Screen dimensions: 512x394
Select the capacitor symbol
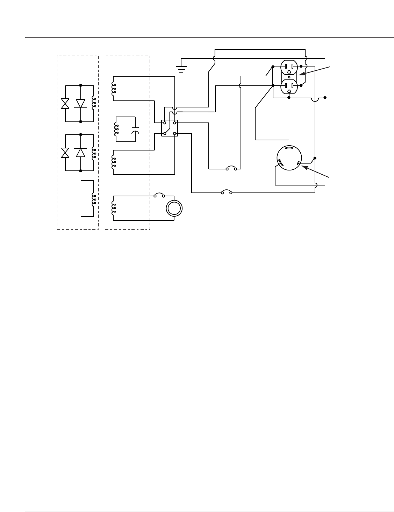click(x=135, y=130)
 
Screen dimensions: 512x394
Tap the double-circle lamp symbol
click(x=174, y=209)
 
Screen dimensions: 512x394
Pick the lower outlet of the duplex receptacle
click(x=289, y=86)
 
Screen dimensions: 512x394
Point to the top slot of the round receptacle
click(x=289, y=148)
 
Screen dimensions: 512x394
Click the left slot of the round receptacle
click(x=280, y=162)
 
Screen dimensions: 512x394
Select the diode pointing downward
click(x=81, y=104)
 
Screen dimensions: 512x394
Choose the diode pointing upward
click(x=81, y=153)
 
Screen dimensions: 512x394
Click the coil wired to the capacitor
click(x=116, y=128)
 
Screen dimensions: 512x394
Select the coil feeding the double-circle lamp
click(x=113, y=208)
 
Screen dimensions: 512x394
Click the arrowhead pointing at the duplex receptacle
click(x=301, y=74)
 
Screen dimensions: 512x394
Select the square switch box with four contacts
click(x=170, y=128)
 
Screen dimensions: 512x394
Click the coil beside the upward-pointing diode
click(x=93, y=153)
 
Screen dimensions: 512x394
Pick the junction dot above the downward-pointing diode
click(x=81, y=85)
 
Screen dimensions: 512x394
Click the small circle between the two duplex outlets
click(x=289, y=77)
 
